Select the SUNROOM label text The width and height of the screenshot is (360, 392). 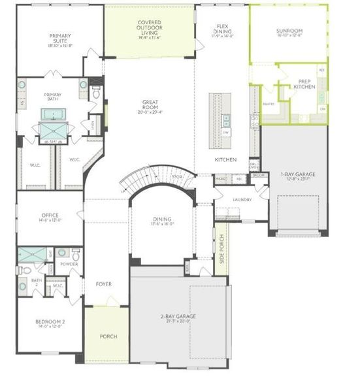click(288, 30)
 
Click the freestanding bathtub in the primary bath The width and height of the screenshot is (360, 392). click(51, 115)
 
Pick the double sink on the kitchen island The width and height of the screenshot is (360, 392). click(226, 120)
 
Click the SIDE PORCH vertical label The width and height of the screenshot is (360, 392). click(221, 248)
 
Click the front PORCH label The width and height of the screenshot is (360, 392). click(108, 336)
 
